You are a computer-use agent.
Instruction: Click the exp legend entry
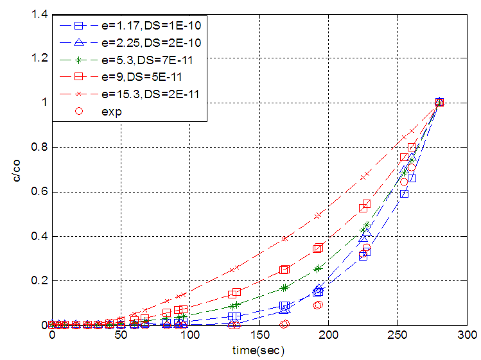tap(116, 110)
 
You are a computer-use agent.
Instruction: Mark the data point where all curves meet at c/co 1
tap(439, 103)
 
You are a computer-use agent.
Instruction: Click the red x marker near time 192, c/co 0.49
tap(317, 216)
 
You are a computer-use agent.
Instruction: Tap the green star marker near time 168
tap(284, 287)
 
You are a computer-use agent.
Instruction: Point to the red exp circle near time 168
tap(284, 324)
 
